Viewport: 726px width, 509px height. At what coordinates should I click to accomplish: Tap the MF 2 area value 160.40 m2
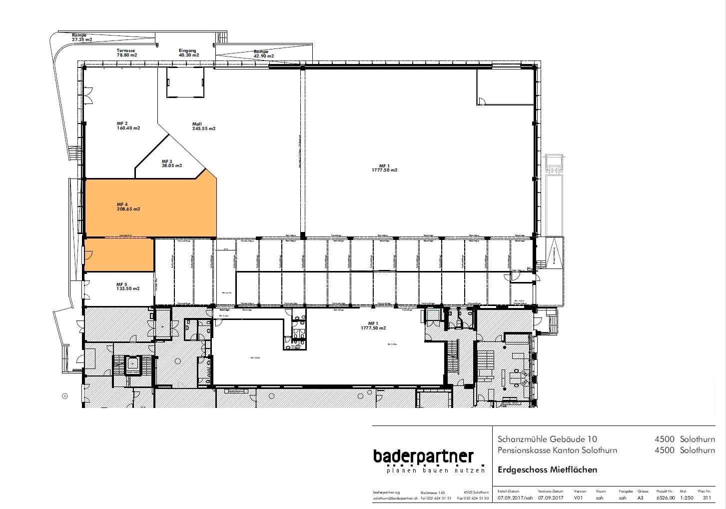click(128, 128)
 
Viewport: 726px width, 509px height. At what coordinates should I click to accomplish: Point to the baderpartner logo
click(423, 456)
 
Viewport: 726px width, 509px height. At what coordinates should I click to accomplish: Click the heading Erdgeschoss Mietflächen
click(547, 469)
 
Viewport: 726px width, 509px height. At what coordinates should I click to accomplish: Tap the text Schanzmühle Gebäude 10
click(547, 439)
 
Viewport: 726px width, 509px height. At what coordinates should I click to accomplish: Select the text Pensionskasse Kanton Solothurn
click(557, 450)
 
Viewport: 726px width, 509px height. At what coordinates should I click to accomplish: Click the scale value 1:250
click(687, 498)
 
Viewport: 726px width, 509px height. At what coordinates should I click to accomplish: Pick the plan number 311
click(707, 498)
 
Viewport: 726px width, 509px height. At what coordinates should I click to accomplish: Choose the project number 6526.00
click(665, 498)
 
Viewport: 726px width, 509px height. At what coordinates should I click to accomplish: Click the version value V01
click(579, 498)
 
